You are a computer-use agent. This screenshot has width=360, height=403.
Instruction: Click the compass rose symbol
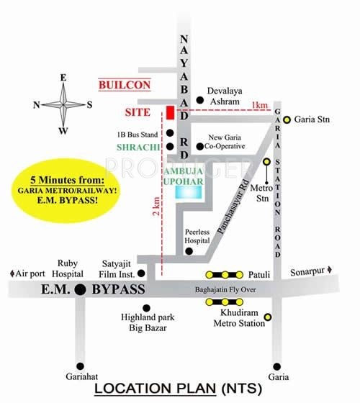tap(63, 104)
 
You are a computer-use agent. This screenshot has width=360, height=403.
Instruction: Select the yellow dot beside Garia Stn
tap(287, 119)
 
